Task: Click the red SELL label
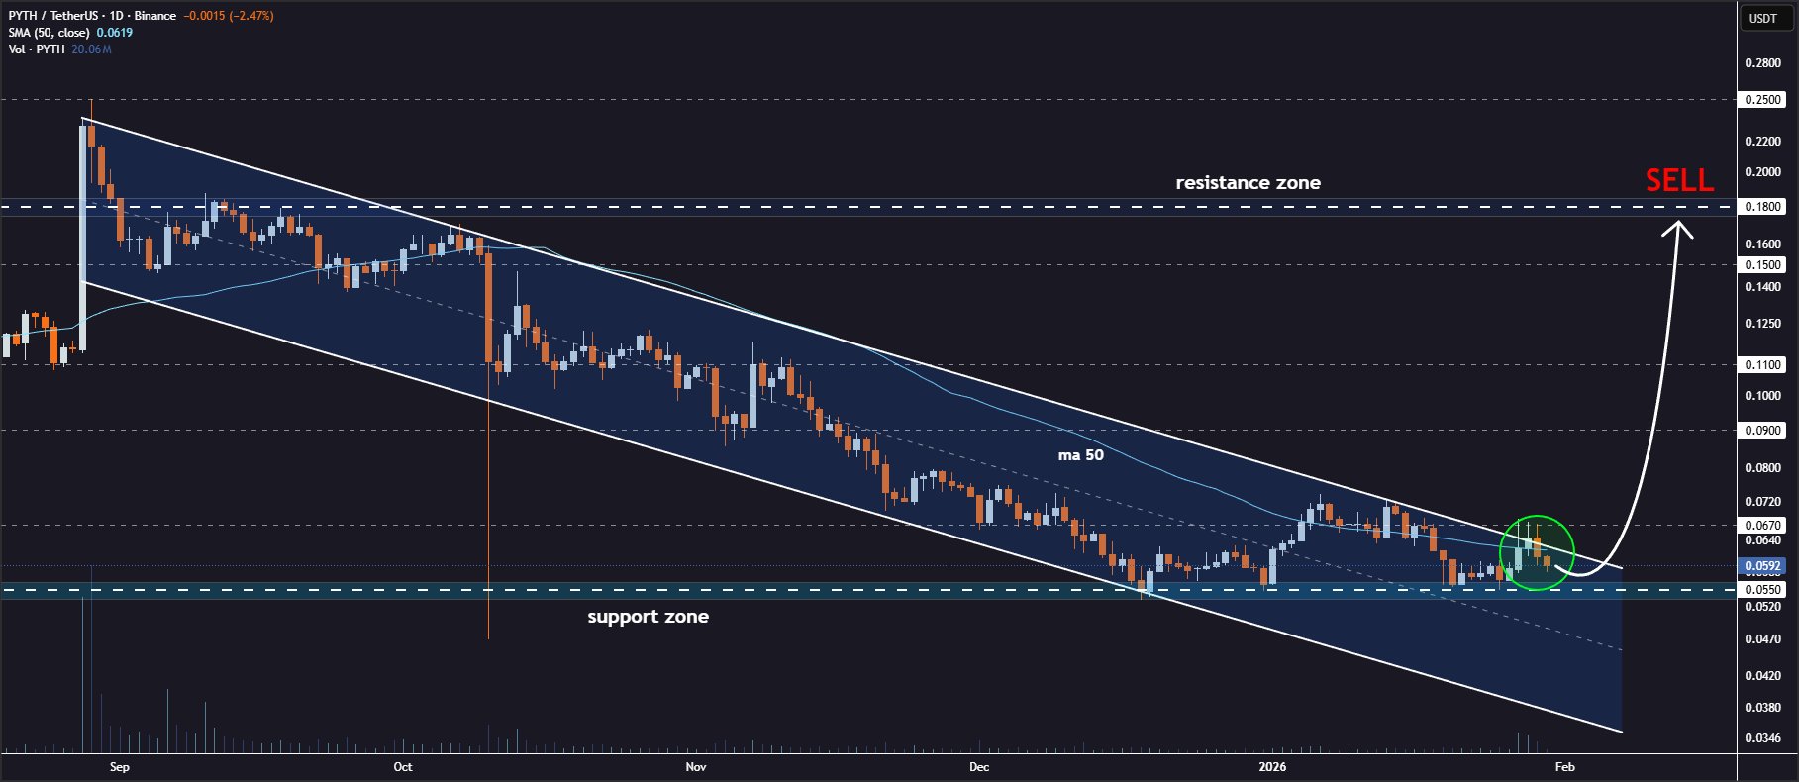(1679, 180)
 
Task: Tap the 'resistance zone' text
(1248, 183)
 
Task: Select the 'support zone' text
(648, 617)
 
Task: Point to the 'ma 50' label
(1080, 455)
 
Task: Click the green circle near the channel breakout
(1537, 553)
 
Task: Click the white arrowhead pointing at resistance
(1677, 229)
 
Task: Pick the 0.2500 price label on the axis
(1762, 100)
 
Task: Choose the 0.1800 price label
(1762, 207)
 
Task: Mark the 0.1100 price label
(1762, 365)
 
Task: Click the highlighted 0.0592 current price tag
(1762, 567)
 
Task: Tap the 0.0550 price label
(1762, 590)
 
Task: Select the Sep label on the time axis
(120, 767)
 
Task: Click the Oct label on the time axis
(403, 767)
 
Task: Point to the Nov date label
(696, 767)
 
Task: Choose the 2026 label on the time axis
(1272, 767)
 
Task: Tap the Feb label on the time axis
(1564, 767)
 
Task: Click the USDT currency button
(1762, 18)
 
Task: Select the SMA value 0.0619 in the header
(115, 33)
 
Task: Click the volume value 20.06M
(91, 49)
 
